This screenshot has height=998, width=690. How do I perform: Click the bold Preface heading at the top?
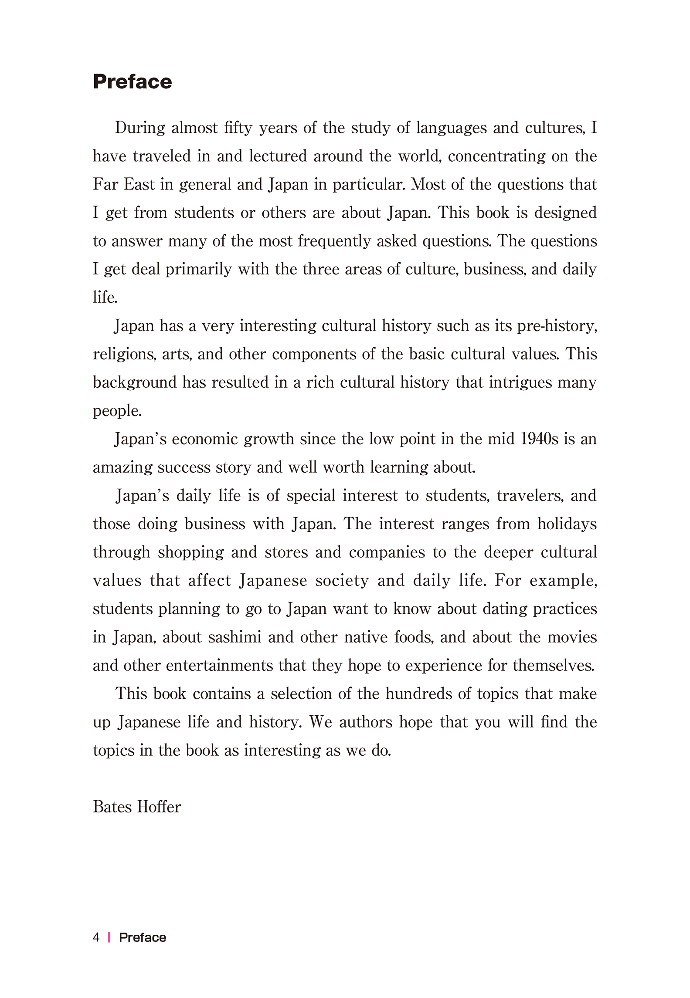pos(133,82)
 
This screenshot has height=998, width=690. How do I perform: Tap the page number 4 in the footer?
pos(96,937)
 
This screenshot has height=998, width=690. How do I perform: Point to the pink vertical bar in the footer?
pos(109,937)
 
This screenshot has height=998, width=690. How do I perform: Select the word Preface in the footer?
pos(143,937)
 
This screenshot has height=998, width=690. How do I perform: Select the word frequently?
pos(334,241)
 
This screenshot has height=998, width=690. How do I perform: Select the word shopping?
pos(190,552)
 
